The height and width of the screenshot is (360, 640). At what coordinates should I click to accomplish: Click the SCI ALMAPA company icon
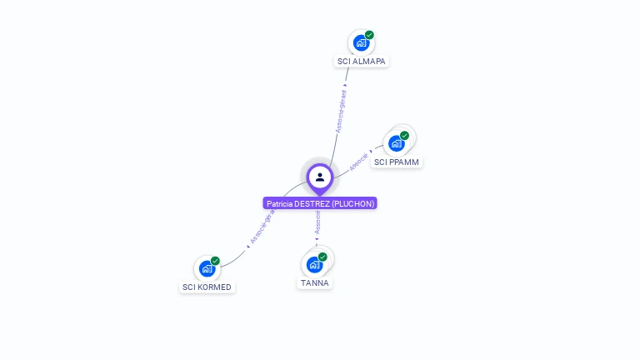pos(361,43)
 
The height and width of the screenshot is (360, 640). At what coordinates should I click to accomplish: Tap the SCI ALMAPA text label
pos(362,62)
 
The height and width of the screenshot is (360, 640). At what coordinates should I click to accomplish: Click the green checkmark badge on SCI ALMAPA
pos(369,35)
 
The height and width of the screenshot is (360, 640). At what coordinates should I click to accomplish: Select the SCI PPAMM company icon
pos(397,143)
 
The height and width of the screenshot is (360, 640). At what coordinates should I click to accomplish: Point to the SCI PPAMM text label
pos(397,162)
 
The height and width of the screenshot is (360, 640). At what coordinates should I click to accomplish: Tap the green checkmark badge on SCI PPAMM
pos(404,136)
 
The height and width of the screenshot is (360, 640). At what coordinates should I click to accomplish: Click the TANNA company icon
pos(314,264)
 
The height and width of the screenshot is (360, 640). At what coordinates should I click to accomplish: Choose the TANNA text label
pos(315,283)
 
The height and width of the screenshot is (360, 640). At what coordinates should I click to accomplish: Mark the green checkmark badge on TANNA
pos(322,257)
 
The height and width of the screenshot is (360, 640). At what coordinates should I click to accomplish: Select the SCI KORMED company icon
pos(207,269)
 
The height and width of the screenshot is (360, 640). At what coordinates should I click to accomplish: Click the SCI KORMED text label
pos(207,287)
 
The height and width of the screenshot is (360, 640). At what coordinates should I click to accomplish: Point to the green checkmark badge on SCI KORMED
pos(215,261)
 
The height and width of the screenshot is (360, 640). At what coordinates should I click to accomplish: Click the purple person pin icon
pos(320,177)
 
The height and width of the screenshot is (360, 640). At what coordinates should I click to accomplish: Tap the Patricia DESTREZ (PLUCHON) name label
pos(321,203)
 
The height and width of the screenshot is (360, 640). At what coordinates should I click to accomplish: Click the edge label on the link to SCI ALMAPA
pos(340,111)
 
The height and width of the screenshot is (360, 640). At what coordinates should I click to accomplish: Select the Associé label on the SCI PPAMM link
pos(359,162)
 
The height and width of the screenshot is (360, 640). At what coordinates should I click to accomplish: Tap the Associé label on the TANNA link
pos(317,222)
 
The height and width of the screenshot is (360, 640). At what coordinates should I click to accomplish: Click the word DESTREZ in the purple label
pos(312,203)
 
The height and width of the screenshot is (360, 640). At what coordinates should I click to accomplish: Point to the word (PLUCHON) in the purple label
pos(353,203)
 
